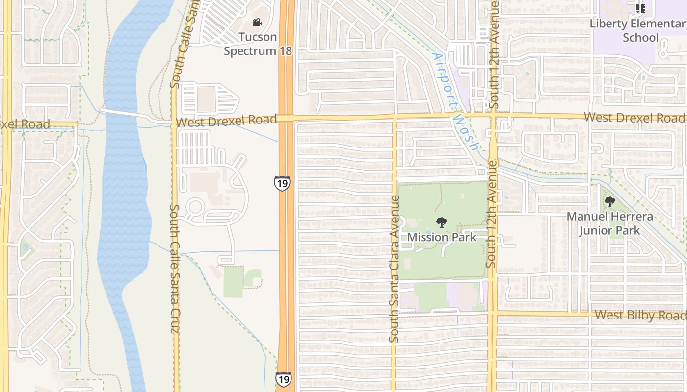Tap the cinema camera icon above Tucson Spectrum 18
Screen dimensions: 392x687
pyautogui.click(x=257, y=22)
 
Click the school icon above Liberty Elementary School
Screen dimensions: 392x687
pyautogui.click(x=640, y=8)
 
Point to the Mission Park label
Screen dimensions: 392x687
pyautogui.click(x=442, y=237)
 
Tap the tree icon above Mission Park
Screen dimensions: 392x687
pyautogui.click(x=442, y=222)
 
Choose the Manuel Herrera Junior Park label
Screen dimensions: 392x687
pyautogui.click(x=609, y=223)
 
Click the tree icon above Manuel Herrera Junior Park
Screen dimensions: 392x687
pyautogui.click(x=609, y=201)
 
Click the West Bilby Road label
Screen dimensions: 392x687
pyautogui.click(x=640, y=315)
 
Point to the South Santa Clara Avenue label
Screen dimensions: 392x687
pyautogui.click(x=394, y=269)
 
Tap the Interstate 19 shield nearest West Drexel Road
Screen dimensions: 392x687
pyautogui.click(x=282, y=183)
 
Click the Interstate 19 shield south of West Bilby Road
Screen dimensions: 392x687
pyautogui.click(x=283, y=379)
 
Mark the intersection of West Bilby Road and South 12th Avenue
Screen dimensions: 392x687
pyautogui.click(x=492, y=313)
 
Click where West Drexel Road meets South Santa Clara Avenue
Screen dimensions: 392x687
pyautogui.click(x=394, y=118)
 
